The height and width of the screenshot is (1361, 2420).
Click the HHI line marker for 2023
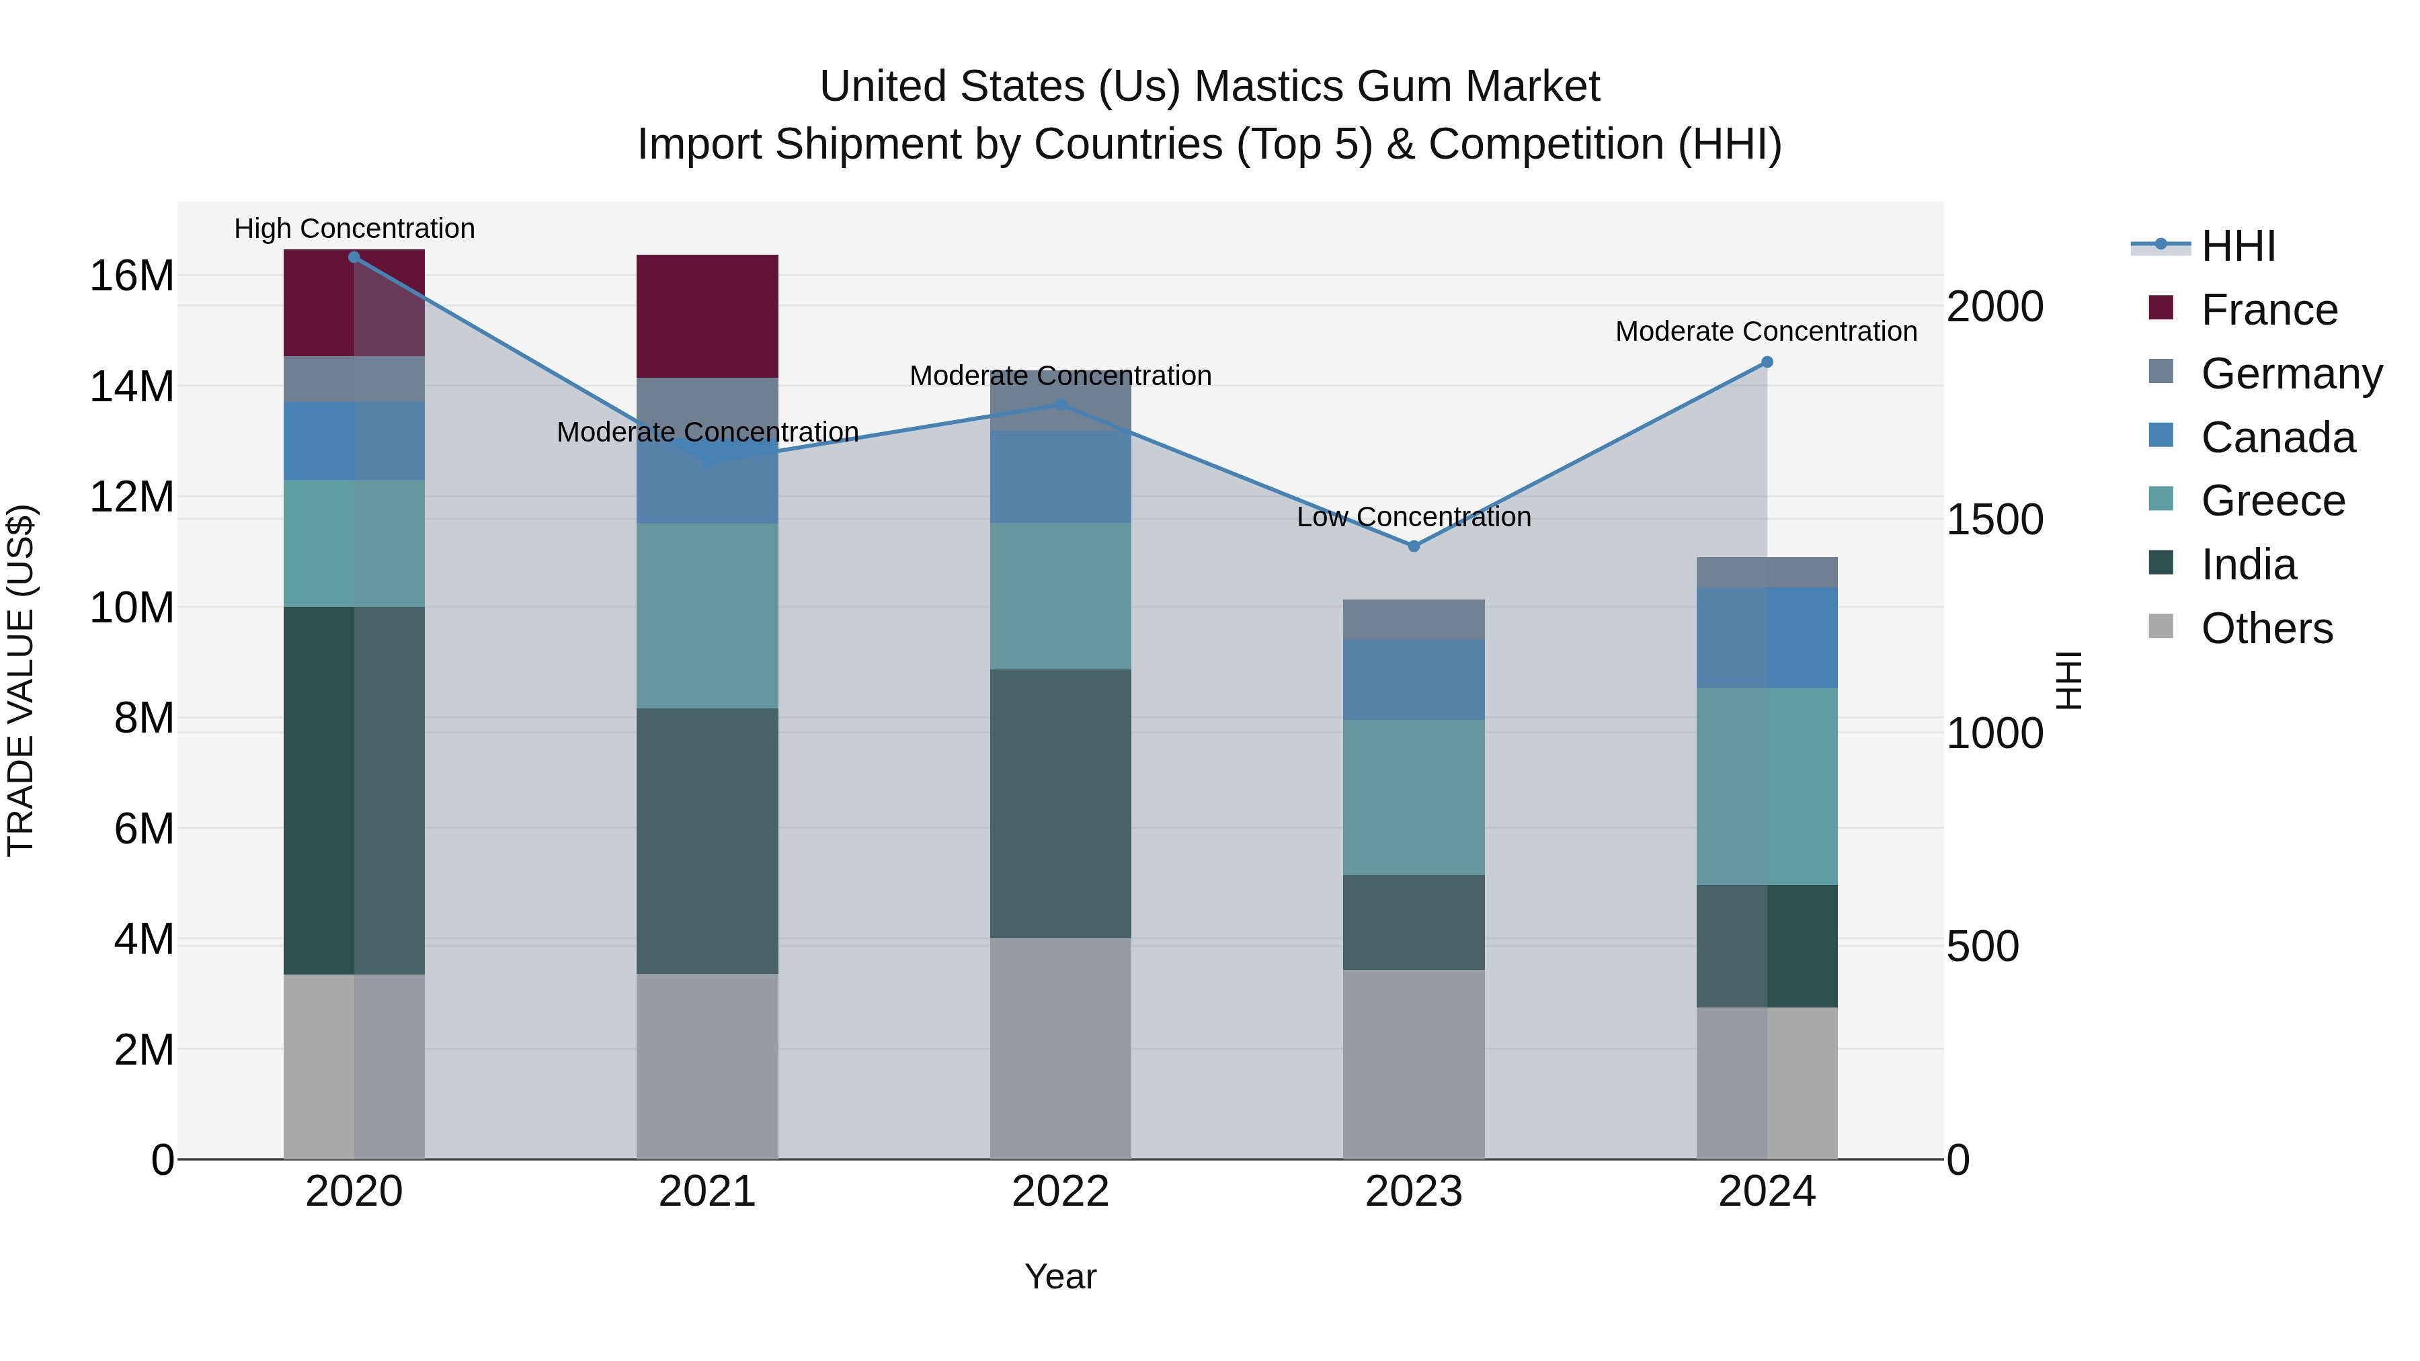(1413, 546)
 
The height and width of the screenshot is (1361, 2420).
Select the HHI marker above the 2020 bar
(354, 257)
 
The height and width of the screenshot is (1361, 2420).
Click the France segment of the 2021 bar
(707, 316)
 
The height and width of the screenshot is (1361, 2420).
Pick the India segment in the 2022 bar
(1061, 803)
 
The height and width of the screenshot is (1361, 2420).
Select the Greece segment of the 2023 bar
(1413, 797)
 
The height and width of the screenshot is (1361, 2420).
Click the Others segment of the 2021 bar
(707, 1066)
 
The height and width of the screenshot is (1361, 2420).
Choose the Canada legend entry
(2277, 438)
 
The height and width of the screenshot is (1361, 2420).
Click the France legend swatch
(2161, 308)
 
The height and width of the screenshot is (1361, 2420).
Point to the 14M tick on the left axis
(132, 386)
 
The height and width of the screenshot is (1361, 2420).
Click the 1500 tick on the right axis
(1994, 520)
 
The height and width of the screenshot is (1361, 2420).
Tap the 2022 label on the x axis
(1061, 1192)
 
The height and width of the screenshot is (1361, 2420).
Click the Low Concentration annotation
(1413, 517)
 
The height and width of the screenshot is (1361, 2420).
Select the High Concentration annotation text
(354, 229)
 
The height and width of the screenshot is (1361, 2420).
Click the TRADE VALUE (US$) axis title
(21, 680)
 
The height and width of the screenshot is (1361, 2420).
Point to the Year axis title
(1061, 1276)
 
